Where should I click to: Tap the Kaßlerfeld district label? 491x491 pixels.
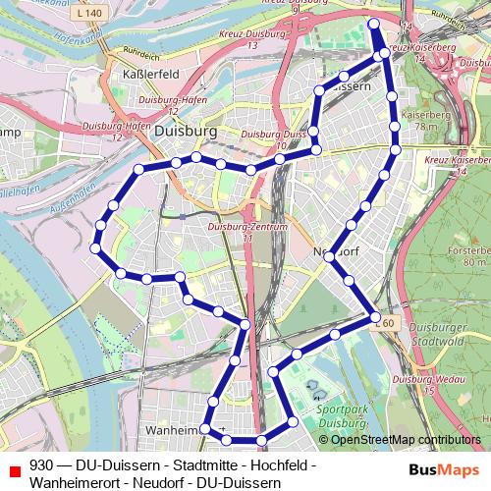(147, 73)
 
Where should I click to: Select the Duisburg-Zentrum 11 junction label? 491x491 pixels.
(239, 232)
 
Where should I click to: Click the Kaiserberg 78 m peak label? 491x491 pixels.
(419, 121)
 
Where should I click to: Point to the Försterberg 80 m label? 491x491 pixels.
(467, 256)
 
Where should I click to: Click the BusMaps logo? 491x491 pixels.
(443, 471)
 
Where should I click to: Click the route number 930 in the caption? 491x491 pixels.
(41, 465)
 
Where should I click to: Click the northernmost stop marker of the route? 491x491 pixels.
(372, 23)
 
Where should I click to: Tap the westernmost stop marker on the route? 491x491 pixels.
(95, 248)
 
